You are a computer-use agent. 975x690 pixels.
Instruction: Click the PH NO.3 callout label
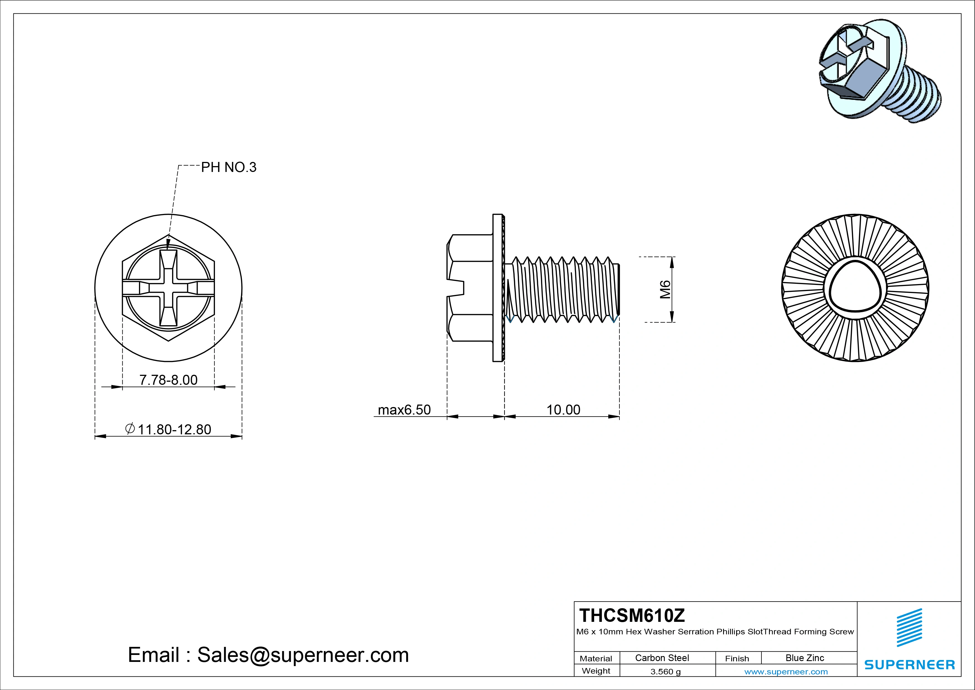pyautogui.click(x=229, y=167)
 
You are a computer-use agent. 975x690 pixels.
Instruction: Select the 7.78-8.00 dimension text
pyautogui.click(x=168, y=380)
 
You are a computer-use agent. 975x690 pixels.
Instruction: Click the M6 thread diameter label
pyautogui.click(x=665, y=290)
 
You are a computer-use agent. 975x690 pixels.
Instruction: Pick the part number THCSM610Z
pyautogui.click(x=632, y=615)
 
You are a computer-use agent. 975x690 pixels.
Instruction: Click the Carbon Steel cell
pyautogui.click(x=662, y=658)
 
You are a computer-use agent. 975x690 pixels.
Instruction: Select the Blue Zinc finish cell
pyautogui.click(x=804, y=658)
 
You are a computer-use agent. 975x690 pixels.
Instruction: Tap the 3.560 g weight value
pyautogui.click(x=665, y=672)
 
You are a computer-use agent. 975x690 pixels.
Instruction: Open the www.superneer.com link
pyautogui.click(x=786, y=672)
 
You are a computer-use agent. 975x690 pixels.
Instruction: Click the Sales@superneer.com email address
pyautogui.click(x=303, y=655)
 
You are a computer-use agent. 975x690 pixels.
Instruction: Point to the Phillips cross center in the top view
pyautogui.click(x=168, y=288)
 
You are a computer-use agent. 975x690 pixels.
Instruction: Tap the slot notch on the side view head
pyautogui.click(x=457, y=288)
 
